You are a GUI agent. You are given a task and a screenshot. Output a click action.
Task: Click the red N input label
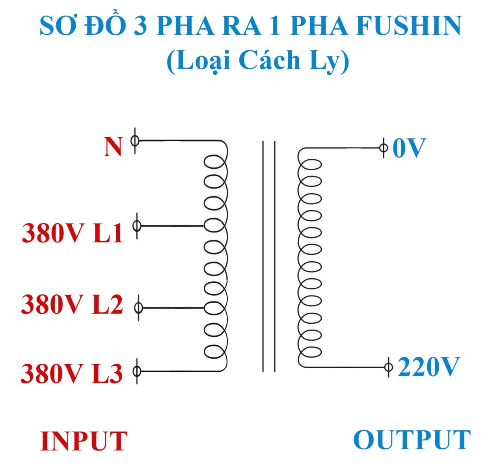113,147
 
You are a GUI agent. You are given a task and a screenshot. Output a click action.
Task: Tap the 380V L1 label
73,233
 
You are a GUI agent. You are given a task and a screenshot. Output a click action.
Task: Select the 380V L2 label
72,305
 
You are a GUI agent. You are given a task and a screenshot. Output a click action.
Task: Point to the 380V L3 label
71,374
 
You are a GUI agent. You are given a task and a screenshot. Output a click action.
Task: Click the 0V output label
409,149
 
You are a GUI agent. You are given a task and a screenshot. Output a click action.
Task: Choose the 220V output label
429,367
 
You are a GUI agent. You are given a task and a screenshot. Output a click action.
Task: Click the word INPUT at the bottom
84,441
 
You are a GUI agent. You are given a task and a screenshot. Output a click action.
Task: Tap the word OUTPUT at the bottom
412,439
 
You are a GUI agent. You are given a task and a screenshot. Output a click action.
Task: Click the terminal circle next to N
135,140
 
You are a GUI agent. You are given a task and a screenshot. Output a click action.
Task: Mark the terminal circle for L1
137,225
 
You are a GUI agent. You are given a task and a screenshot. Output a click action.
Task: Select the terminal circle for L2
138,307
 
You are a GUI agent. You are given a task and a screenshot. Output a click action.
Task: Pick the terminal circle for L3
137,371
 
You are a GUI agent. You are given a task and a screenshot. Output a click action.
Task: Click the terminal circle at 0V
383,148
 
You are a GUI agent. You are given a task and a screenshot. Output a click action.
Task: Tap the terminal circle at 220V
388,367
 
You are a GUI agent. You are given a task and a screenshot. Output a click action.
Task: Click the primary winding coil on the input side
216,256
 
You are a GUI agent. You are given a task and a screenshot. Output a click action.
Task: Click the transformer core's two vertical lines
269,256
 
